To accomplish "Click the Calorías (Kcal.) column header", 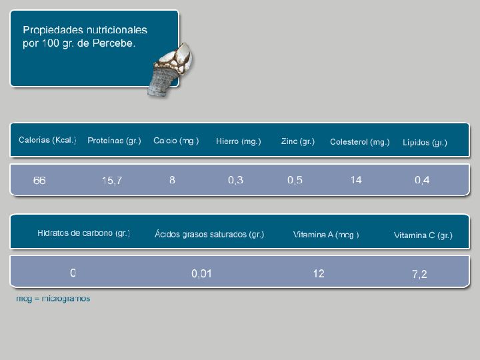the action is tap(47, 140).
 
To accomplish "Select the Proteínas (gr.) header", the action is tap(114, 141).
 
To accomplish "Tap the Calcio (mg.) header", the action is tap(176, 141).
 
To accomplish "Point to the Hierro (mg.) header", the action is tap(239, 141).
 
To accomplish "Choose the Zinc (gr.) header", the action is tap(298, 142).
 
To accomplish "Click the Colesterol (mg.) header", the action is tap(360, 142).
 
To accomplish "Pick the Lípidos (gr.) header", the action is tap(425, 143).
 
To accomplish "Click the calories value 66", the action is tap(39, 181).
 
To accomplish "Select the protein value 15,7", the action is tap(112, 181).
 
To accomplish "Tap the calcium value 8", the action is tap(173, 180).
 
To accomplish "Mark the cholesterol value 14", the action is tap(356, 180).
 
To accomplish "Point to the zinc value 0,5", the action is tap(295, 180).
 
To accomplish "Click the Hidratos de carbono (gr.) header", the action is tap(83, 233).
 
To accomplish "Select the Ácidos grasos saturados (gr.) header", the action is tap(209, 235).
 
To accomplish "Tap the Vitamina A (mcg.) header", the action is tap(326, 235).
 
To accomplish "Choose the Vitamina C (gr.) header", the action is tap(423, 235).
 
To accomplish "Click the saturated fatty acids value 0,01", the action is tap(201, 274).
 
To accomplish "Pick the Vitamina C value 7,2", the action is tap(419, 274).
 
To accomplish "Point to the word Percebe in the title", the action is tap(114, 43).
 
